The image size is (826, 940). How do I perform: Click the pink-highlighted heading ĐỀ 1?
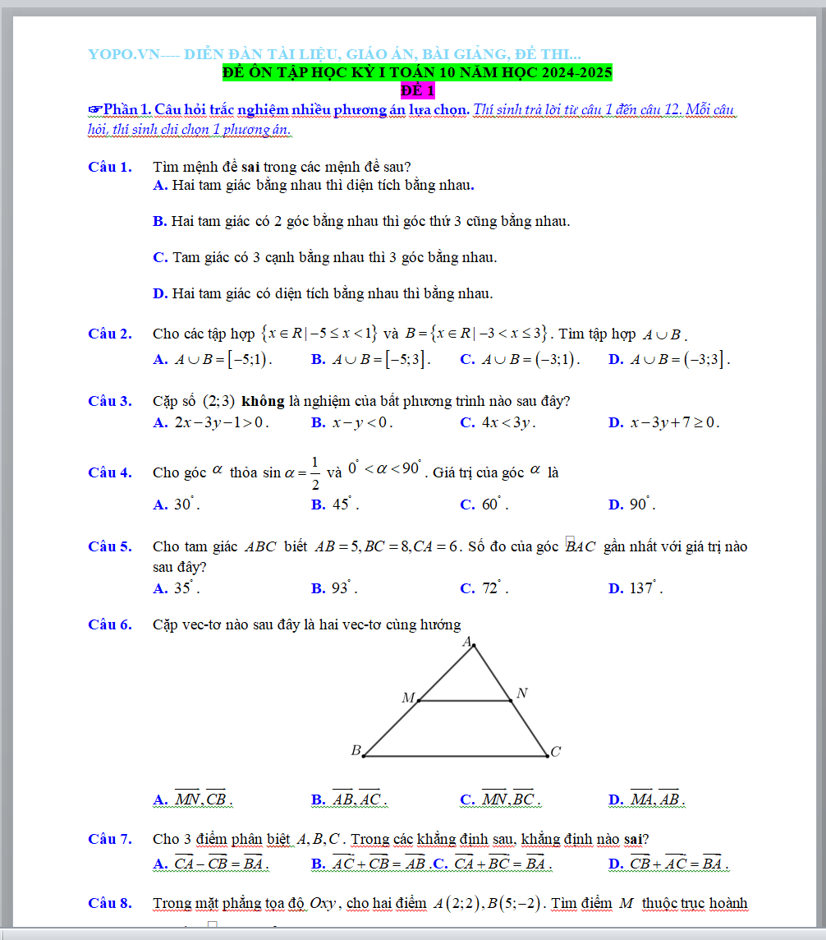418,90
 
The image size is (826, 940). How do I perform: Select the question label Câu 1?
109,168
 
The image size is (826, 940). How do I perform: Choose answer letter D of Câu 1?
160,293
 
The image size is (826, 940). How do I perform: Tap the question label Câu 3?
109,402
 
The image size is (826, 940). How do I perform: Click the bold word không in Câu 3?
263,402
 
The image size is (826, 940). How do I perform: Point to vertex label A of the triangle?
466,642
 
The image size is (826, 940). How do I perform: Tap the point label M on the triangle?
407,698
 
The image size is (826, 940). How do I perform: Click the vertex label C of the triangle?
556,752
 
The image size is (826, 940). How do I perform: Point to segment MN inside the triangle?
465,701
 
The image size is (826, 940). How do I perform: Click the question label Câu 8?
109,904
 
